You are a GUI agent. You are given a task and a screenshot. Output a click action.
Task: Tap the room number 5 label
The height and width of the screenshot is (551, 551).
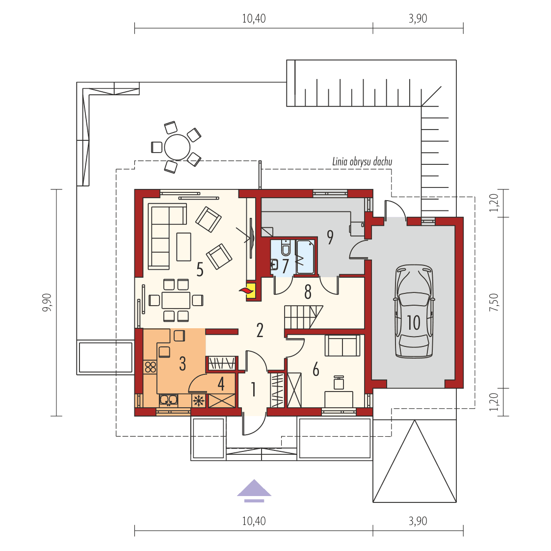[x=200, y=269]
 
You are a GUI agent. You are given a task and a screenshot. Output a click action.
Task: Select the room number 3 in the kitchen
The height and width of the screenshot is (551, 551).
[x=183, y=364]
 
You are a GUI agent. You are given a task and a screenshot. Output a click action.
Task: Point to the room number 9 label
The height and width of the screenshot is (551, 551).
[x=330, y=237]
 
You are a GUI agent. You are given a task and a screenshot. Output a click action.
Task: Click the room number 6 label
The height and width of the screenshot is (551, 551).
[x=316, y=369]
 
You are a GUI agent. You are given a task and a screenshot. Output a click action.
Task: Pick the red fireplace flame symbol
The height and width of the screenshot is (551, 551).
[x=244, y=291]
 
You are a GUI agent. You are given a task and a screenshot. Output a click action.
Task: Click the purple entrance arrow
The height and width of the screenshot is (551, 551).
[x=254, y=490]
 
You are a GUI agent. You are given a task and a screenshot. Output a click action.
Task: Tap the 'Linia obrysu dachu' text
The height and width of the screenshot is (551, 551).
[x=362, y=161]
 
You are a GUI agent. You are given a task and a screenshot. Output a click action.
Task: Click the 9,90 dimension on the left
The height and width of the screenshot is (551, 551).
[x=47, y=302]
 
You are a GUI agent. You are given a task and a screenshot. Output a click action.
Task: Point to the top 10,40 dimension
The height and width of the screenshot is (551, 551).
[x=254, y=19]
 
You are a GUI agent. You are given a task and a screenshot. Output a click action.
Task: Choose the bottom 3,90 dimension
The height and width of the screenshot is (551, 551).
[x=418, y=521]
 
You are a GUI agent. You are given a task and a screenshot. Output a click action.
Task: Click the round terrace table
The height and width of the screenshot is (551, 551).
[x=177, y=146]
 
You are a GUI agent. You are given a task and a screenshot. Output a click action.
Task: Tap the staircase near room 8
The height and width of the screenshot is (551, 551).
[x=303, y=317]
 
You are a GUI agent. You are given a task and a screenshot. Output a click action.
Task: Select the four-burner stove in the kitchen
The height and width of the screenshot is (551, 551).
[x=150, y=367]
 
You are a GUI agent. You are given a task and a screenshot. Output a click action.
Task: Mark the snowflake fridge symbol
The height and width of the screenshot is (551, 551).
[x=199, y=401]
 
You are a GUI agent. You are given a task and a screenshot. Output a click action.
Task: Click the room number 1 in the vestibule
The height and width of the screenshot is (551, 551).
[x=253, y=390]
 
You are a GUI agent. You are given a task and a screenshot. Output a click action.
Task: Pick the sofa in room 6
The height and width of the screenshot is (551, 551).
[x=342, y=345]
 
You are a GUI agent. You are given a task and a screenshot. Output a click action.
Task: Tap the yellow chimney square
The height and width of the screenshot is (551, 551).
[x=251, y=290]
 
